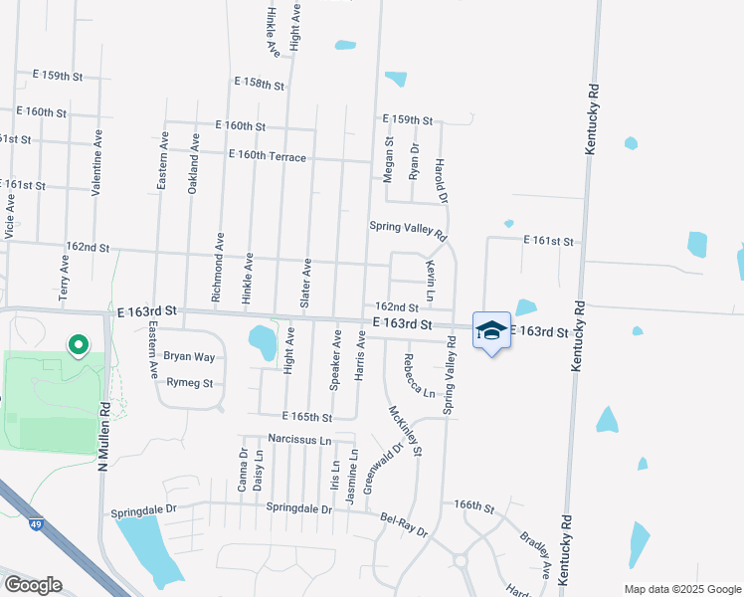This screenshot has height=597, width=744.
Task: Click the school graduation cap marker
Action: (x=491, y=330)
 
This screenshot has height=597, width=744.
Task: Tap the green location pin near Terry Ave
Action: (x=78, y=344)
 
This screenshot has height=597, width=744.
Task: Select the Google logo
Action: (x=33, y=585)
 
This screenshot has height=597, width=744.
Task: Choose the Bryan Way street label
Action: (x=189, y=356)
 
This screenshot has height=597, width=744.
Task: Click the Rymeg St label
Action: (x=190, y=382)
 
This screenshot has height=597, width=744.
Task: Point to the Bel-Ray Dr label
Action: (x=404, y=523)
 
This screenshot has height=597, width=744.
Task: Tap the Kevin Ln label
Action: (x=431, y=282)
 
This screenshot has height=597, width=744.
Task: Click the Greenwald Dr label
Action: (x=383, y=468)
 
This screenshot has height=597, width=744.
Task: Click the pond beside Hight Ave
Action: (x=265, y=342)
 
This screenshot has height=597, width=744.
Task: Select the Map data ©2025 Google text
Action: (x=680, y=588)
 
